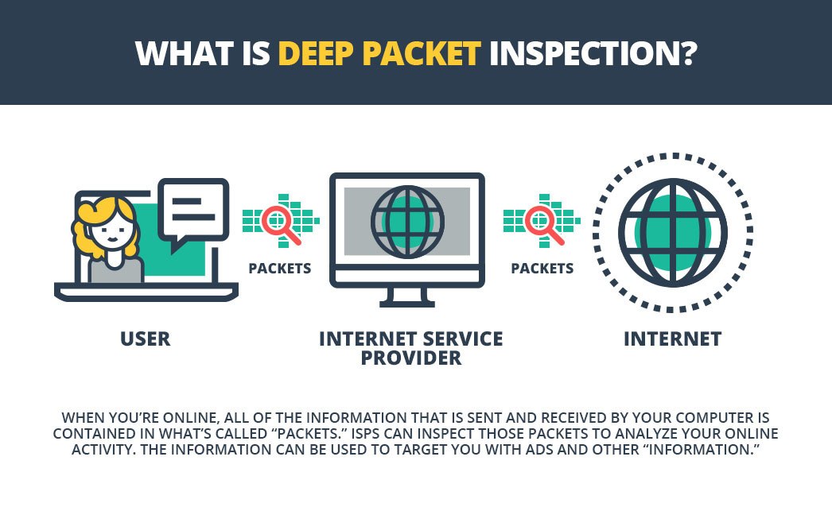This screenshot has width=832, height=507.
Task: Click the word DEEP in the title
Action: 316,53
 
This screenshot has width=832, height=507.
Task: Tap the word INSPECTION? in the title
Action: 593,53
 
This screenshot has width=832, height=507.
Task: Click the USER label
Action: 146,339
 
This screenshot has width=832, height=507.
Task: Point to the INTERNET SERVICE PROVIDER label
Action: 410,348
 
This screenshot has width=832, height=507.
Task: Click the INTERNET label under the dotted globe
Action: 672,339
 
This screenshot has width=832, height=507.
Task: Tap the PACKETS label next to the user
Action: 280,269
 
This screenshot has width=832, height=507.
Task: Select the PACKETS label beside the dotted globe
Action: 542,269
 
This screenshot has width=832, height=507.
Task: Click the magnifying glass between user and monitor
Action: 281,225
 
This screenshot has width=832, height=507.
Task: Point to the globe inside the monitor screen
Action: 407,222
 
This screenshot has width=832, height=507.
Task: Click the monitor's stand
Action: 407,297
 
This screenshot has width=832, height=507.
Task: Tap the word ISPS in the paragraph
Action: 365,433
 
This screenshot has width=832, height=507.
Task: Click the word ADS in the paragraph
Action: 538,449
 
